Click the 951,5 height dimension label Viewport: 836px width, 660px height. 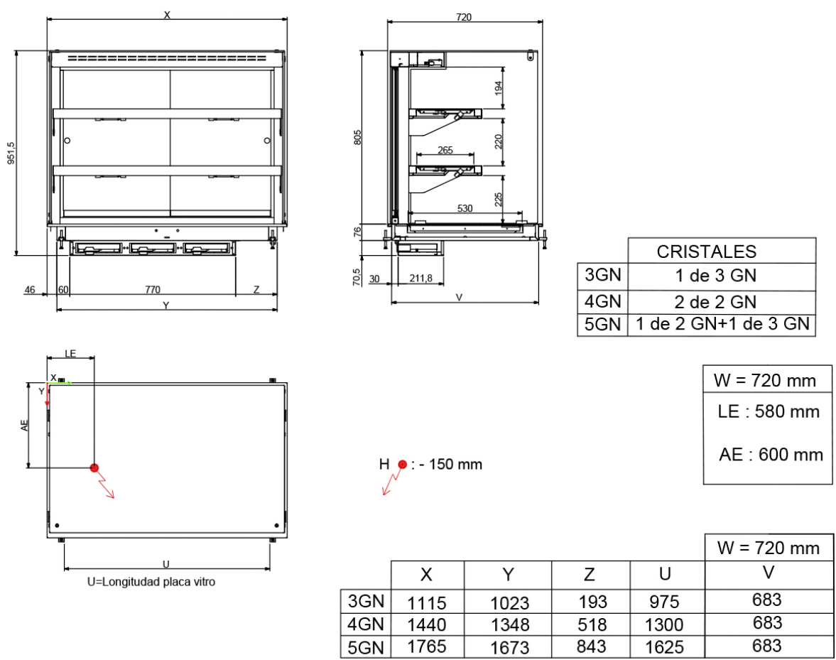pos(11,153)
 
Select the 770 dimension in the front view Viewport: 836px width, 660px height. pos(153,289)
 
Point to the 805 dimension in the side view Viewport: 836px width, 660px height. pos(358,137)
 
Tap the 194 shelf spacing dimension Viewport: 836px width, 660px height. pos(499,88)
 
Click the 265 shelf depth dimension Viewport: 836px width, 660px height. pos(445,150)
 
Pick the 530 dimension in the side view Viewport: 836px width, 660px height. pos(465,208)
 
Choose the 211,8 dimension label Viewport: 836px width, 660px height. pos(420,278)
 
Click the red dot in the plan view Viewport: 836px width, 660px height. pos(94,467)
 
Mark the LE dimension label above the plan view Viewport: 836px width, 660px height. pos(70,354)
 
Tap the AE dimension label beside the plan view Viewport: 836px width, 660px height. pos(25,425)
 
